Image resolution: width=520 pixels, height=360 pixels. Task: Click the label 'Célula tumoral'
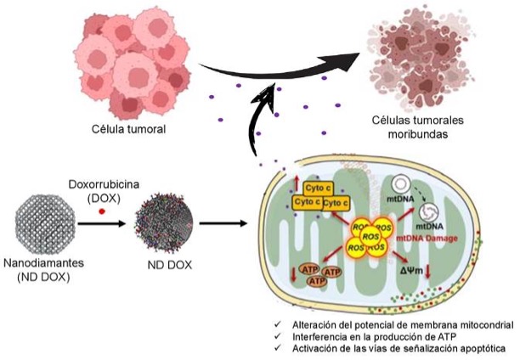click(x=129, y=130)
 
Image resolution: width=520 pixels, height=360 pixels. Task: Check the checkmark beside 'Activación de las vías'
click(x=280, y=347)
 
